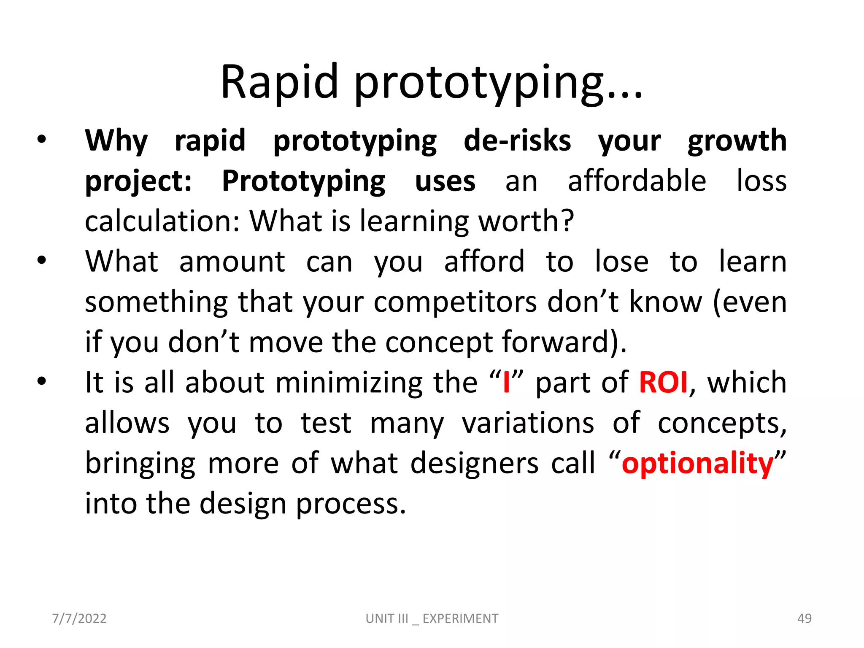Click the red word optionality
(x=697, y=464)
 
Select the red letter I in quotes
(x=506, y=383)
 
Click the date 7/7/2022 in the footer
(x=79, y=618)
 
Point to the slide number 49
(x=804, y=618)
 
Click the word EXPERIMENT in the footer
(x=460, y=618)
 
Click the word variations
(x=528, y=423)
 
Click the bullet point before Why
(x=41, y=140)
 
